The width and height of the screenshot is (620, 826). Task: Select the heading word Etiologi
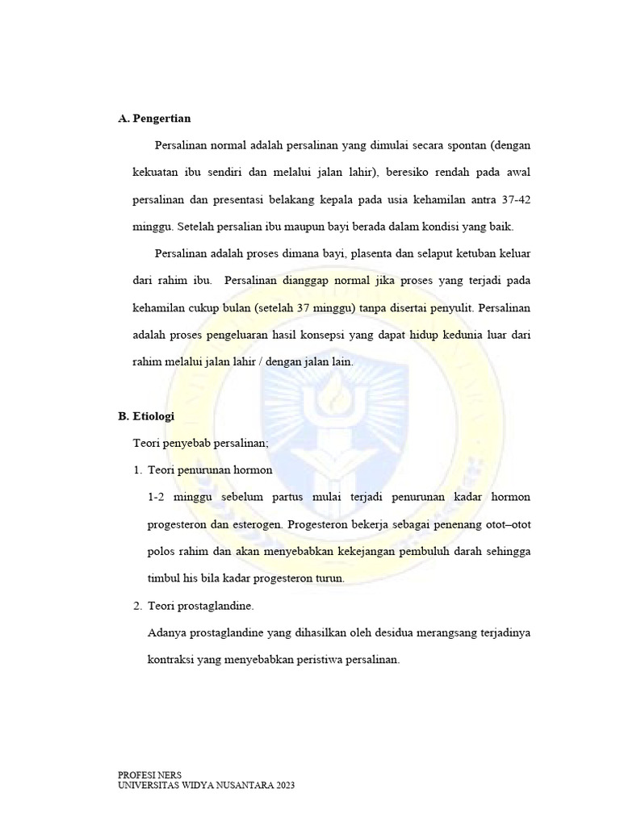tap(153, 416)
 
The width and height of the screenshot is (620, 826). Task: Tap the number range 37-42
tap(512, 199)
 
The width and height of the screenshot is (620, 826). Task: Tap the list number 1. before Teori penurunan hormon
tap(137, 469)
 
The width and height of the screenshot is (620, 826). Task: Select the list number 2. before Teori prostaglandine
tap(137, 606)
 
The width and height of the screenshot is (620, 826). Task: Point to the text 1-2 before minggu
tap(157, 497)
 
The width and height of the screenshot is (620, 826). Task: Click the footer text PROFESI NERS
tap(150, 774)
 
